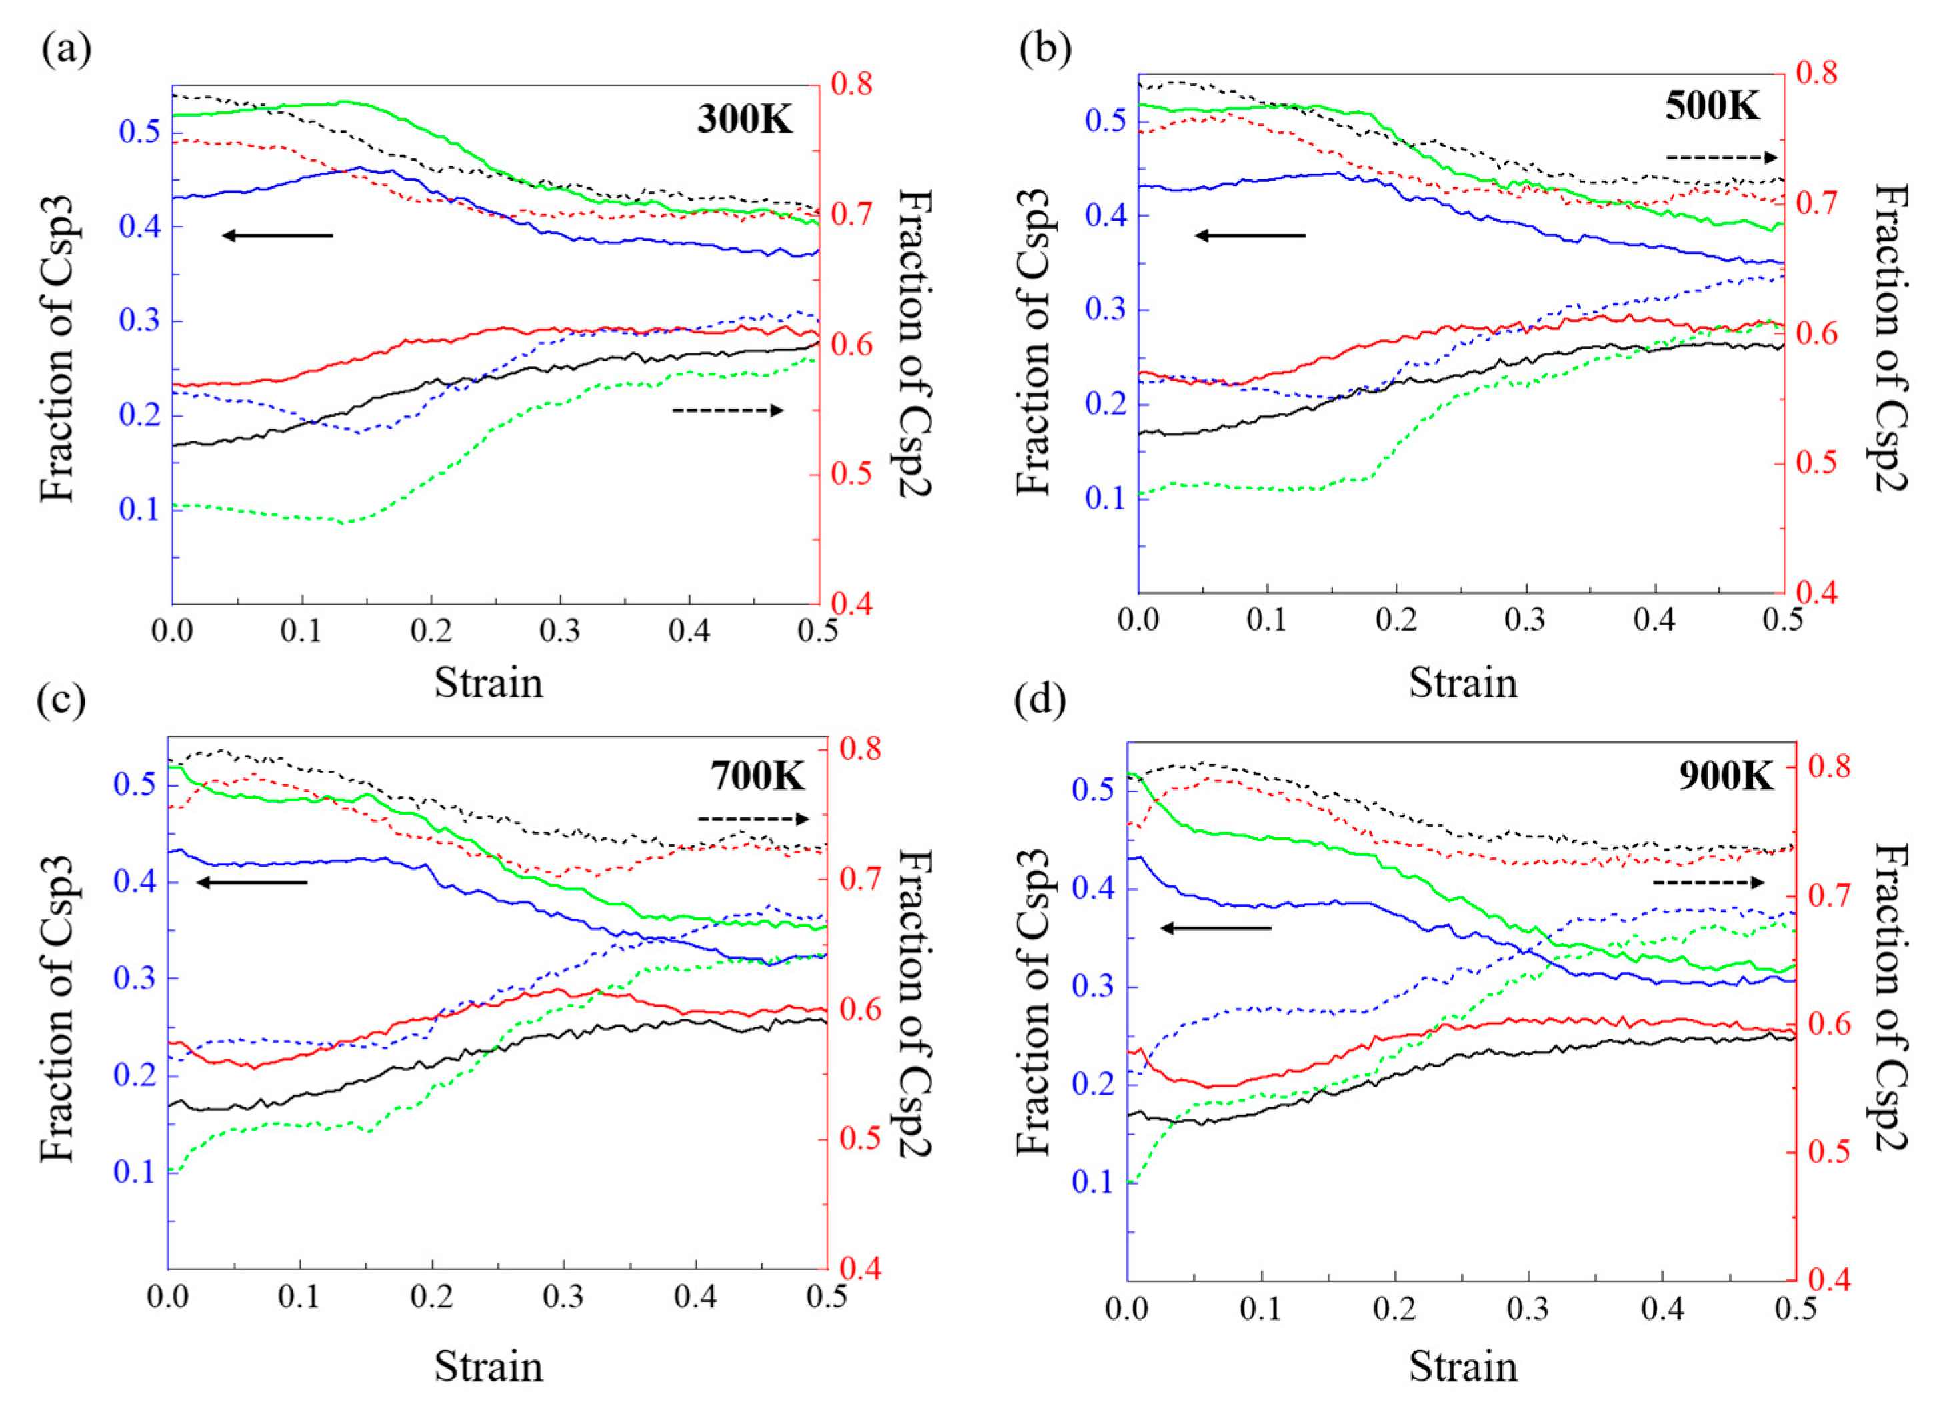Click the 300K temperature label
coord(744,119)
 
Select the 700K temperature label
coord(757,776)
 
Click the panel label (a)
coord(65,50)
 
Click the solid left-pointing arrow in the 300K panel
coord(277,235)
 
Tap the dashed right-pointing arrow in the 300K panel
coord(727,411)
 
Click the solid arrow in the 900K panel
coord(1215,928)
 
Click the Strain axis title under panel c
coord(488,1367)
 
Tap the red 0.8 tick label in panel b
coord(1816,73)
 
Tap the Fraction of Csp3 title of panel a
coord(59,349)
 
